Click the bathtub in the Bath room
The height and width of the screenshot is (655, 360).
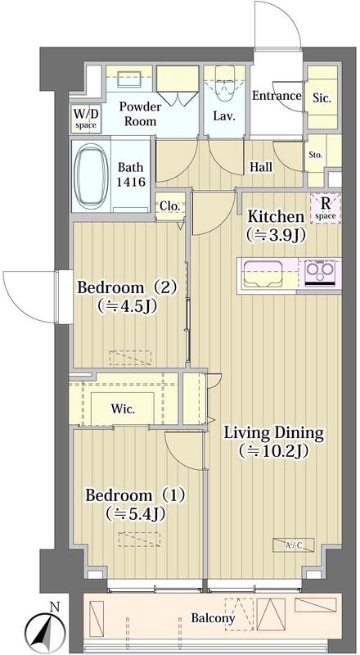point(91,176)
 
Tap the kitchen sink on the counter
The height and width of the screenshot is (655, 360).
point(264,274)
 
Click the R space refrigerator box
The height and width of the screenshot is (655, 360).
point(326,208)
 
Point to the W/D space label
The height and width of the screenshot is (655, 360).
point(86,118)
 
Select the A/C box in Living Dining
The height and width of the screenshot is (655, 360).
point(293,544)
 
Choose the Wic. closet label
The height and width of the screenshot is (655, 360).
point(123,409)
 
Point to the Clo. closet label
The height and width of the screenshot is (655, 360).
point(170,206)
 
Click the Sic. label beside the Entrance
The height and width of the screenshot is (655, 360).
point(322,98)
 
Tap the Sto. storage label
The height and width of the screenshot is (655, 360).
point(316,155)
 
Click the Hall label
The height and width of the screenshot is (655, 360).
point(261,168)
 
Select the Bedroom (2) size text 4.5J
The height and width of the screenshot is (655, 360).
point(127,306)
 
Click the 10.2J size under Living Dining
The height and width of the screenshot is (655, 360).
point(273,451)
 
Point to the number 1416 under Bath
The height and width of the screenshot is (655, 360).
point(131,182)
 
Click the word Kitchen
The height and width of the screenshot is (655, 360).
point(275,217)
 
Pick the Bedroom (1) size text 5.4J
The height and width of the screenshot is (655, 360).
point(136,513)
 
